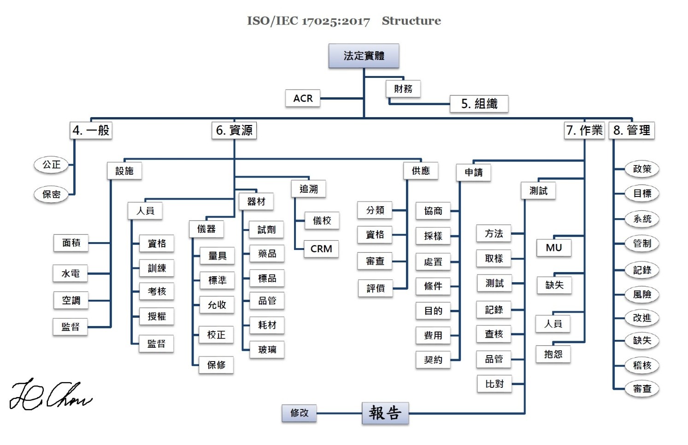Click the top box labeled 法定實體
tap(364, 56)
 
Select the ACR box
tap(303, 98)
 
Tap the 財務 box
tap(403, 89)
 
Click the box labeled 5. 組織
tap(479, 104)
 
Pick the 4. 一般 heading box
tap(91, 130)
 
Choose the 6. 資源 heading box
tap(234, 131)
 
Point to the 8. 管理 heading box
tap(631, 131)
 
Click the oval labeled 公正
tap(51, 165)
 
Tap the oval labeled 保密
tap(51, 194)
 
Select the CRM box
tap(321, 249)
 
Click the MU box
tap(553, 248)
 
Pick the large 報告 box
tap(385, 413)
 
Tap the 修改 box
tap(299, 413)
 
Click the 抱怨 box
tap(553, 354)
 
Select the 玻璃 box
tap(267, 350)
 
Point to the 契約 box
tap(433, 360)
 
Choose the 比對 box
tap(494, 384)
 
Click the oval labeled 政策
tap(642, 169)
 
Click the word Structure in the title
tap(411, 21)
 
